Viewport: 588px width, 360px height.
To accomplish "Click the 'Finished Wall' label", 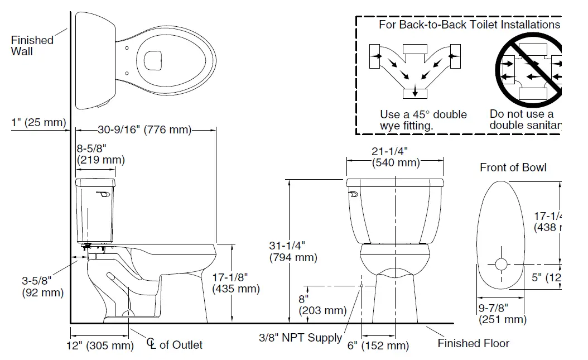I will click(x=32, y=46).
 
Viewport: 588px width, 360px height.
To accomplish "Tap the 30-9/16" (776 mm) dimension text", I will click(x=144, y=131).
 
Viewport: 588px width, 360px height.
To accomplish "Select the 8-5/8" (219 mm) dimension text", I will click(x=100, y=154).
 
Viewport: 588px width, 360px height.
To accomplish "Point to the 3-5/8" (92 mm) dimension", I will click(x=42, y=286).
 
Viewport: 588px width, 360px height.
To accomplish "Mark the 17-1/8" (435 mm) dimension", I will click(x=236, y=283).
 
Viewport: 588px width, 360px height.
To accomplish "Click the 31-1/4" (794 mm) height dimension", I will click(x=293, y=252).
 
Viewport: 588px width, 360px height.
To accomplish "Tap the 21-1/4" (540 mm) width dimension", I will click(x=396, y=157).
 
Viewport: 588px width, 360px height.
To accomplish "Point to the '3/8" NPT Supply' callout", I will click(x=300, y=338).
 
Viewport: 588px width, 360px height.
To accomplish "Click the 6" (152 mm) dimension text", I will click(x=378, y=345).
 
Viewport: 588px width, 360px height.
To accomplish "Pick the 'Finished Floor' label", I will click(x=473, y=343).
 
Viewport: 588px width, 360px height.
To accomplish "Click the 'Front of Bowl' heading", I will click(x=513, y=167).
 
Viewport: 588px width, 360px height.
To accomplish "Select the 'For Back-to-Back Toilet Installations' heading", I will click(x=469, y=25).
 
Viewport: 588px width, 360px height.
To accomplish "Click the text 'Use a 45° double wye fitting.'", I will click(x=423, y=120).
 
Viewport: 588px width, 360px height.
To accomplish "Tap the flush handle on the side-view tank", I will click(x=102, y=194).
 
